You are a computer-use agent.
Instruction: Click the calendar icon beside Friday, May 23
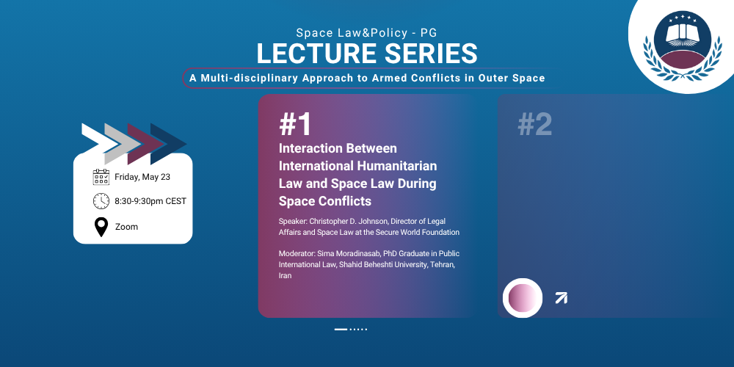point(101,178)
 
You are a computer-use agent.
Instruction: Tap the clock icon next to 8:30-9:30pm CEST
point(101,201)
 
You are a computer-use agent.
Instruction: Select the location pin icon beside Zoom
point(101,227)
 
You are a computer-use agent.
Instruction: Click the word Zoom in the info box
point(126,227)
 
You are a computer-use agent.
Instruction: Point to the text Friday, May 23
point(142,178)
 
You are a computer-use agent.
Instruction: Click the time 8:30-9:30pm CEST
point(150,201)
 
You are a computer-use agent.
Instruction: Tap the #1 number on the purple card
point(295,125)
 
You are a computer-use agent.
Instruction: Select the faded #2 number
point(534,125)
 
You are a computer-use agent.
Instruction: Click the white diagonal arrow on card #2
point(562,298)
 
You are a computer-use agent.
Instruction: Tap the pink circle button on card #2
point(523,298)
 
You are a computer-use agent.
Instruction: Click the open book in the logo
point(682,34)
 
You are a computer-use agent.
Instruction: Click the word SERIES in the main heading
point(432,54)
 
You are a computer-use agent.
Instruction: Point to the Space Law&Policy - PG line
point(367,33)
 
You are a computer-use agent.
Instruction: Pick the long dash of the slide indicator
point(341,330)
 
